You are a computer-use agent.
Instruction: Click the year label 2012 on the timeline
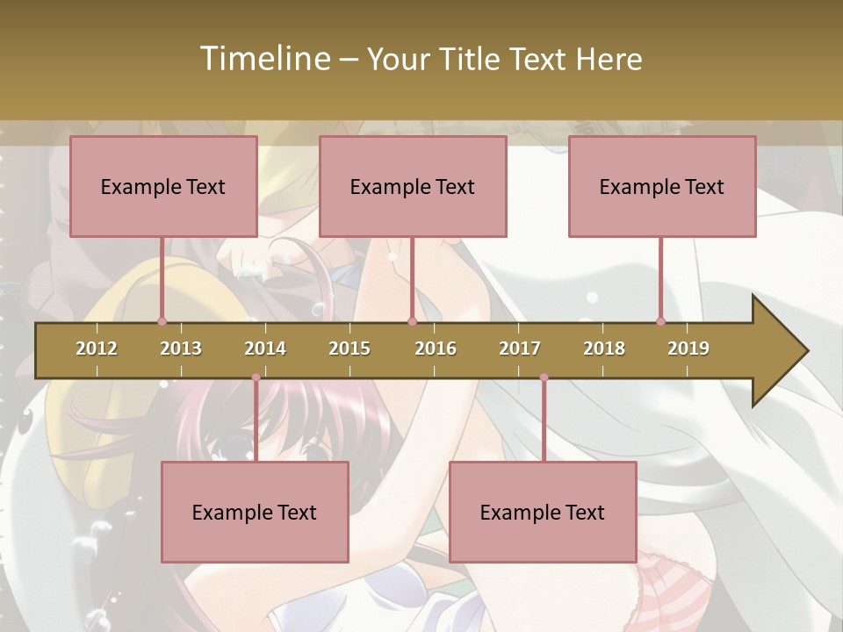[x=97, y=348]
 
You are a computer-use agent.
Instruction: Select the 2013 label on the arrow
[x=181, y=348]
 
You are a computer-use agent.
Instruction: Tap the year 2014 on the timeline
[x=265, y=348]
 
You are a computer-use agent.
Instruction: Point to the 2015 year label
[x=349, y=348]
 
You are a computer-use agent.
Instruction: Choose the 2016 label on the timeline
[x=436, y=348]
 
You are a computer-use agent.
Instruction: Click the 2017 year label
[x=520, y=348]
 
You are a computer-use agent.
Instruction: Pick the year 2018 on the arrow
[x=604, y=348]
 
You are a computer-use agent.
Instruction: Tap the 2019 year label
[x=688, y=348]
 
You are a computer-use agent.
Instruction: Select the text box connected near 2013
[x=163, y=186]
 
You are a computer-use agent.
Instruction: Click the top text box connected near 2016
[x=413, y=186]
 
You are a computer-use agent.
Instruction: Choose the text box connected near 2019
[x=662, y=186]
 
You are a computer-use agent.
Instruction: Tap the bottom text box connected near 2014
[x=255, y=512]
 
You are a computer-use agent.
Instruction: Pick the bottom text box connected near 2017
[x=543, y=512]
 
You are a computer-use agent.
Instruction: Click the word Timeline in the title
[x=263, y=59]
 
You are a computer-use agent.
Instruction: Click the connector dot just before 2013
[x=162, y=321]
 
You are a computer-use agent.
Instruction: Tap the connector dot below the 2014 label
[x=256, y=377]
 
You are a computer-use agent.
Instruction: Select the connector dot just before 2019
[x=661, y=321]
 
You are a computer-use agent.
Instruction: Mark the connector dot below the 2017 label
[x=544, y=377]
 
